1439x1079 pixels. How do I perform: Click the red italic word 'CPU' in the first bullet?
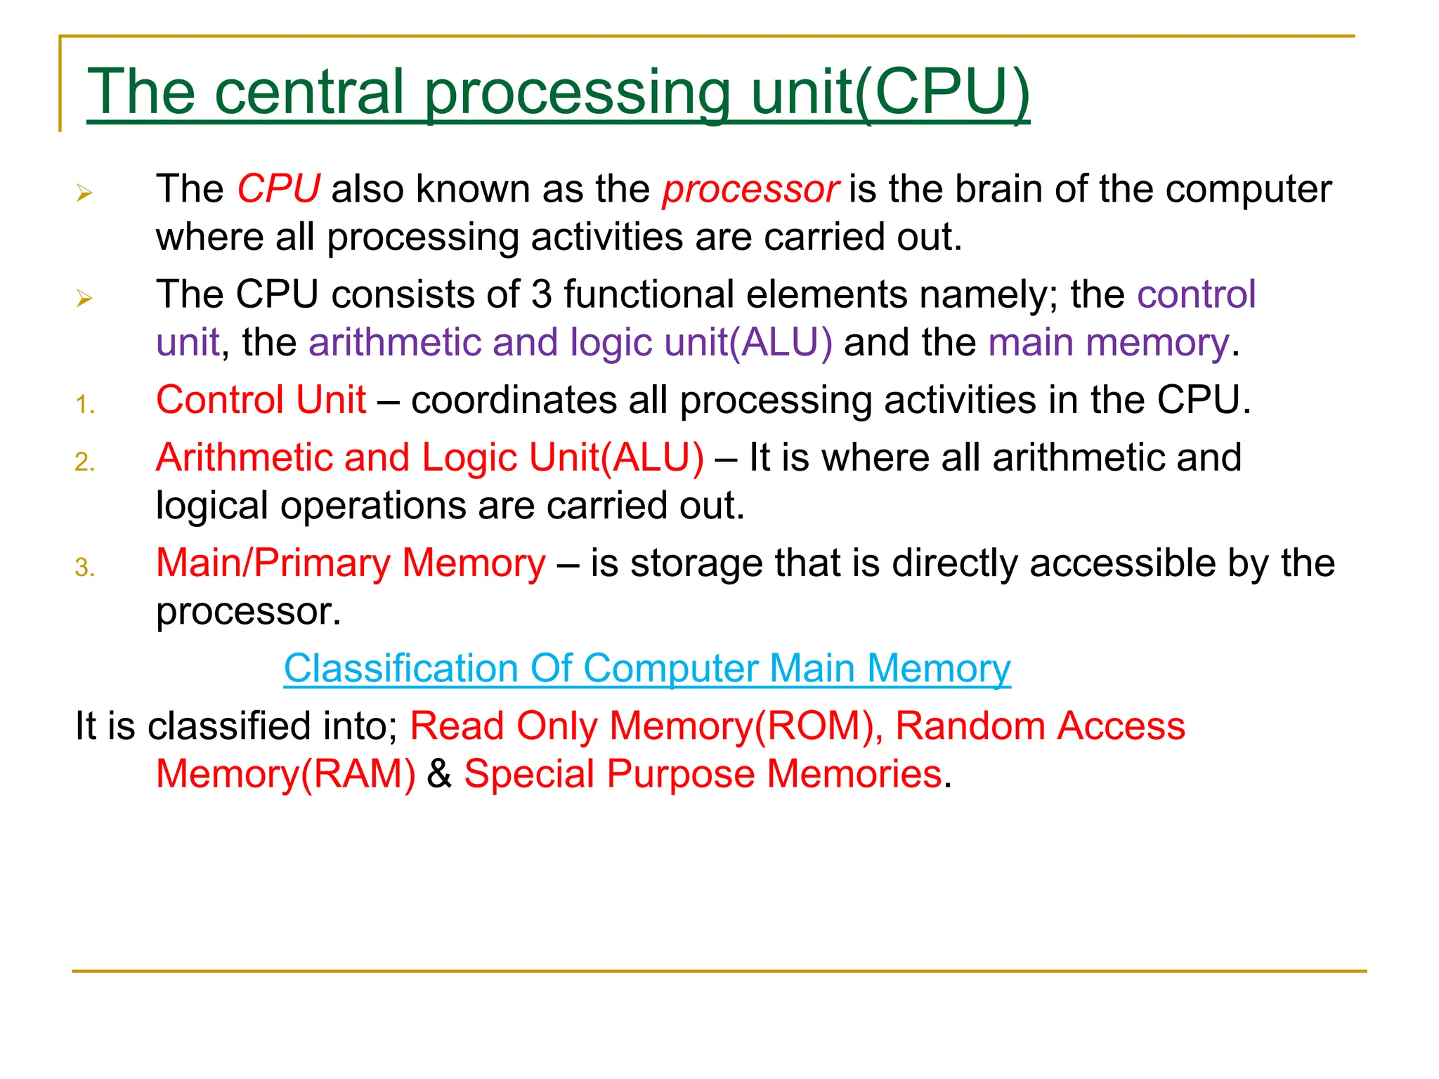278,189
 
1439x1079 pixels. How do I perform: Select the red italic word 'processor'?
750,189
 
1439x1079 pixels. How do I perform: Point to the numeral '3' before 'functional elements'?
542,294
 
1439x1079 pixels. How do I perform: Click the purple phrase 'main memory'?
1109,343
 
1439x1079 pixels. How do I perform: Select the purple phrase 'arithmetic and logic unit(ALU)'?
570,343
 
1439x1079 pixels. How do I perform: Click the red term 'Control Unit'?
261,400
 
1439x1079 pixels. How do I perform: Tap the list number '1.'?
85,405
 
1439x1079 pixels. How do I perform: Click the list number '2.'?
85,462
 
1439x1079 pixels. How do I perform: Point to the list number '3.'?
85,568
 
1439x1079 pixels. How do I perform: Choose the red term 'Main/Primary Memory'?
351,563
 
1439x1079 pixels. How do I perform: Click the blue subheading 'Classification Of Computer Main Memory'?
647,668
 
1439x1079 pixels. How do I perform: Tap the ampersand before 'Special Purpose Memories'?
439,774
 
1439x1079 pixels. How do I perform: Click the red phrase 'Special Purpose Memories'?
703,774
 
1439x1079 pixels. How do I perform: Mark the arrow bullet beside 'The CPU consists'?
84,299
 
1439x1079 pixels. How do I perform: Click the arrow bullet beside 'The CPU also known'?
84,192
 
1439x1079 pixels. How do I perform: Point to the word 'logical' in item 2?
211,506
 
